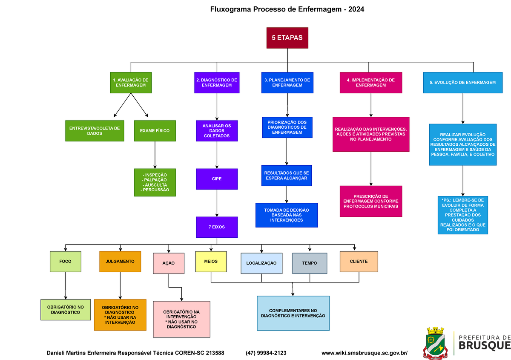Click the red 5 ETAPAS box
[287, 38]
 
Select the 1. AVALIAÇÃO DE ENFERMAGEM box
[131, 83]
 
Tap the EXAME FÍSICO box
[155, 131]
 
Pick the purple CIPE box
[217, 179]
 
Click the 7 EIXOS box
[217, 227]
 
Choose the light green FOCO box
[66, 261]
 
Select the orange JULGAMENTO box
[120, 261]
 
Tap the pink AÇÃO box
[169, 263]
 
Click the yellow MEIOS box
[211, 261]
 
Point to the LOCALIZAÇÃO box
[261, 263]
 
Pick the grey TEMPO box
[310, 263]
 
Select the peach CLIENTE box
[359, 261]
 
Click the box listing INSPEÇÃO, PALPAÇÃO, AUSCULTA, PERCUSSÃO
[155, 182]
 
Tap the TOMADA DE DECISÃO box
[287, 215]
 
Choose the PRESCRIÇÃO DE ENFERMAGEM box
[371, 201]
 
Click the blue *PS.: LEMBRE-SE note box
[463, 215]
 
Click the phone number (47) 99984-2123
[266, 353]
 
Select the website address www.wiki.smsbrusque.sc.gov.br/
[365, 353]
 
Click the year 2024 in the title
[356, 9]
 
